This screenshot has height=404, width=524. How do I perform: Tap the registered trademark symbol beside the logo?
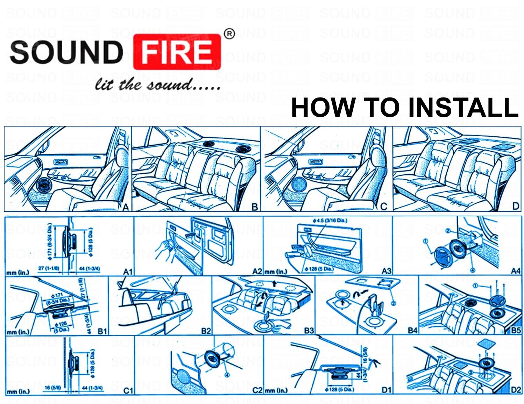229,34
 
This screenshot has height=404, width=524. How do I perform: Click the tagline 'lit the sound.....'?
158,85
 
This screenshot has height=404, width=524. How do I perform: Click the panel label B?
255,207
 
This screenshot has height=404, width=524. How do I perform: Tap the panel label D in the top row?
515,206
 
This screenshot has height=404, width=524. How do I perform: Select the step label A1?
128,271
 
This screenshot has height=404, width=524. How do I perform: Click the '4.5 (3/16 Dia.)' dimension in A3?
330,221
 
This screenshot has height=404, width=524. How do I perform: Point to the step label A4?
516,271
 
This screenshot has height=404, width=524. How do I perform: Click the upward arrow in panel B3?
274,282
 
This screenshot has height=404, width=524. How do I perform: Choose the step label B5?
516,330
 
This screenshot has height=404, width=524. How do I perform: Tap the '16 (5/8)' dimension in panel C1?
51,388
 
